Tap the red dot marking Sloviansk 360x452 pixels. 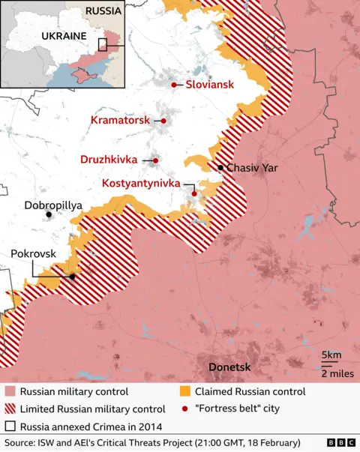174,85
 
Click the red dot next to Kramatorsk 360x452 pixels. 163,120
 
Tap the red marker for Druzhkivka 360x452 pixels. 155,160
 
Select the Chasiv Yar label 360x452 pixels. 252,168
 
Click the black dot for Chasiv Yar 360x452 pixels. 220,167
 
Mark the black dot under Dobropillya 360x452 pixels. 49,215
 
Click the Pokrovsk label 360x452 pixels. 33,254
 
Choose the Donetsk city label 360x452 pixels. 229,367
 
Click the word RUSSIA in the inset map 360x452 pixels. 102,10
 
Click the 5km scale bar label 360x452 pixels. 331,355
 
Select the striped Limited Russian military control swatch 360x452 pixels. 10,409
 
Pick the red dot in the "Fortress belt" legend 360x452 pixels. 185,409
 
